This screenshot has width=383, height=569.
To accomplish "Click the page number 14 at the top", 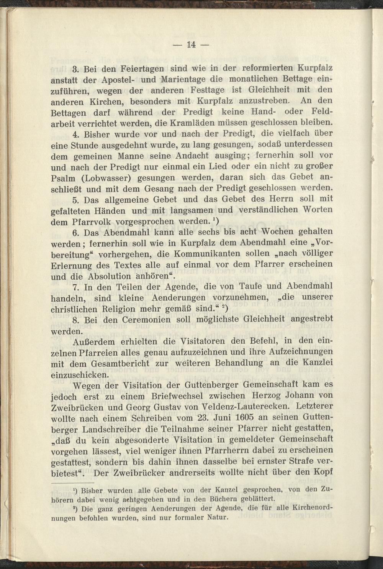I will tap(191, 44).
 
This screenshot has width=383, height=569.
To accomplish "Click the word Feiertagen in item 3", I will tap(137, 70).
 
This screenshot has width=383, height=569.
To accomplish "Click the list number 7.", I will tap(75, 287).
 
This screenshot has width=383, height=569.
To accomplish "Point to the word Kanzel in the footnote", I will tap(227, 489).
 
